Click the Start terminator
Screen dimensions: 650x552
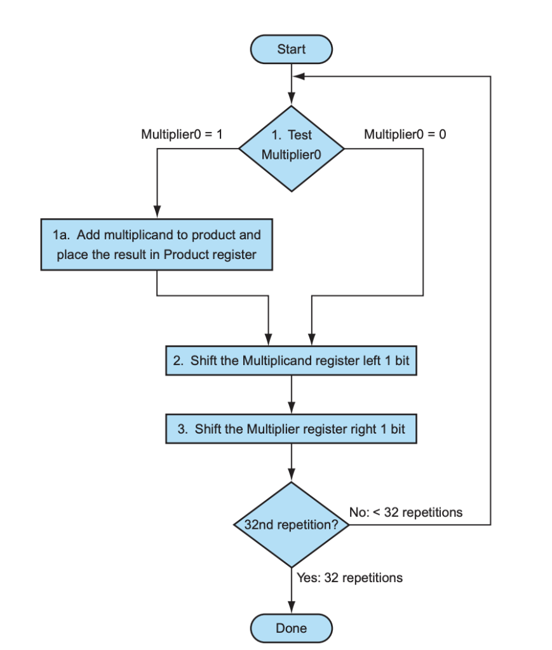pyautogui.click(x=292, y=50)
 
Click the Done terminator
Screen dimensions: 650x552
pyautogui.click(x=292, y=628)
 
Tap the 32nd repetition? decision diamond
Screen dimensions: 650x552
pyautogui.click(x=292, y=525)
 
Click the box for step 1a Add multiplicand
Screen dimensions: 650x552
pyautogui.click(x=157, y=245)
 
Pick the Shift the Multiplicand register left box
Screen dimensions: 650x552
pyautogui.click(x=292, y=361)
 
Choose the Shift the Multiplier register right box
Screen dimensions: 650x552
pyautogui.click(x=292, y=429)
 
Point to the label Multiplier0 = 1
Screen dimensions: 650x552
pyautogui.click(x=181, y=135)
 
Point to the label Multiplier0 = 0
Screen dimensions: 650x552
pyautogui.click(x=405, y=135)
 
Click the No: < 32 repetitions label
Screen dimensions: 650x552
pyautogui.click(x=406, y=512)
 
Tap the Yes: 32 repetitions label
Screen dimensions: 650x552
pyautogui.click(x=349, y=578)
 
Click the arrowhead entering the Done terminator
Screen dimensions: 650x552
pyautogui.click(x=292, y=608)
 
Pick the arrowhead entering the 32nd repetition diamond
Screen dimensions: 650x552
pyautogui.click(x=292, y=476)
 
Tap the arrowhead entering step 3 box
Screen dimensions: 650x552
pyautogui.click(x=292, y=408)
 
